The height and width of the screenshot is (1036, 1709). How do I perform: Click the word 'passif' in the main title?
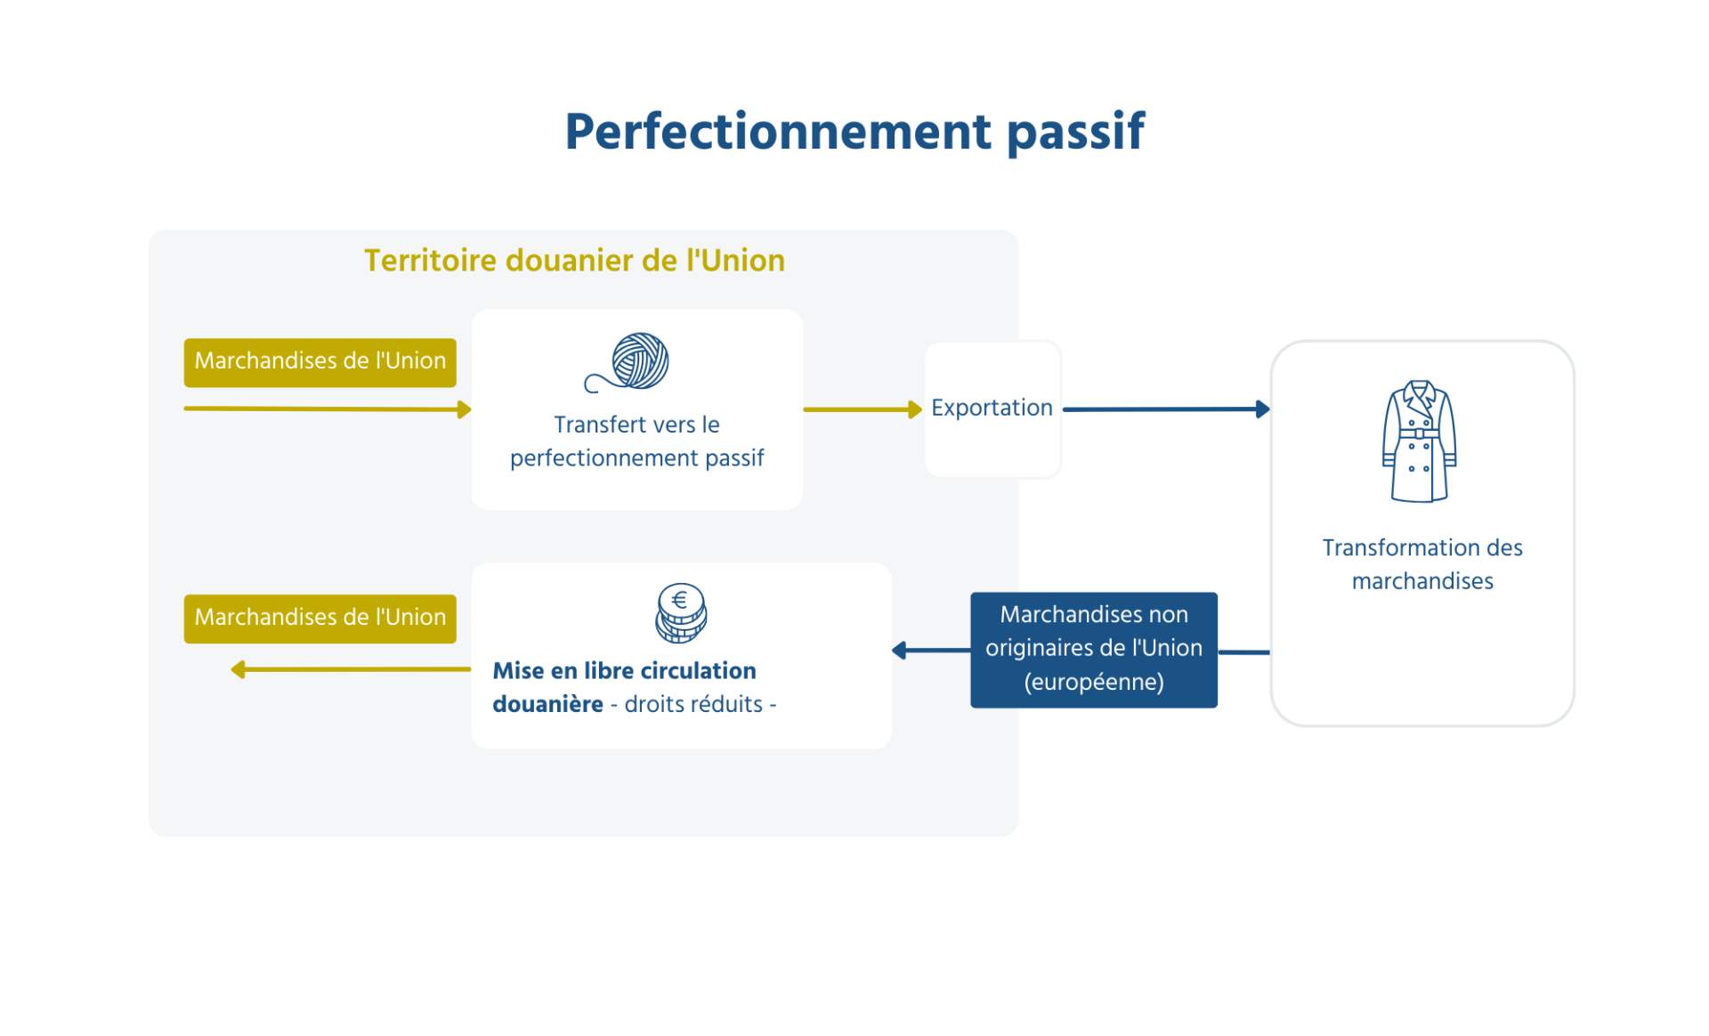pos(1074,133)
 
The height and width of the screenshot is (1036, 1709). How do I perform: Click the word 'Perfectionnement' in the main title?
pos(778,133)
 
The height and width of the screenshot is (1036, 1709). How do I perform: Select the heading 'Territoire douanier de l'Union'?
pos(574,261)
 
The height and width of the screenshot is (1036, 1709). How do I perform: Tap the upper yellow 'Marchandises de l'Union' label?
pos(320,361)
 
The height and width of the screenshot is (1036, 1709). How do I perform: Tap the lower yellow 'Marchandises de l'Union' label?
pos(320,618)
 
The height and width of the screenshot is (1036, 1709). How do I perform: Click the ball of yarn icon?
pos(630,363)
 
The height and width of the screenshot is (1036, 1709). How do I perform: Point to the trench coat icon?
pos(1419,441)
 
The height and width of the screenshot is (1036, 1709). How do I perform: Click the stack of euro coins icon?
pos(681,613)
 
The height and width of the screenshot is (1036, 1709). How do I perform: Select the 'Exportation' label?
pos(992,408)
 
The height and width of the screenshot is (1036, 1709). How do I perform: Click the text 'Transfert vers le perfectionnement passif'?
pos(636,441)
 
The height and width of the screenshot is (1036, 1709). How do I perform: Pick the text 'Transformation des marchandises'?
pos(1421,564)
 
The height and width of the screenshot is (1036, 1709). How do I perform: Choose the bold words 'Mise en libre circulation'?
pos(624,671)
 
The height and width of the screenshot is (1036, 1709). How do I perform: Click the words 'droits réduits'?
pos(693,705)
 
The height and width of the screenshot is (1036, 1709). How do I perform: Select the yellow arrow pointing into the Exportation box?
pos(862,409)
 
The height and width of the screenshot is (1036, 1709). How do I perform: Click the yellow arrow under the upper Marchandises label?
pos(327,409)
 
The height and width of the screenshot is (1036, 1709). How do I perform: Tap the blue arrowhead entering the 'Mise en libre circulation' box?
pos(900,651)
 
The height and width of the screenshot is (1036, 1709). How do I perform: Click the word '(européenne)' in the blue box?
pos(1093,683)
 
